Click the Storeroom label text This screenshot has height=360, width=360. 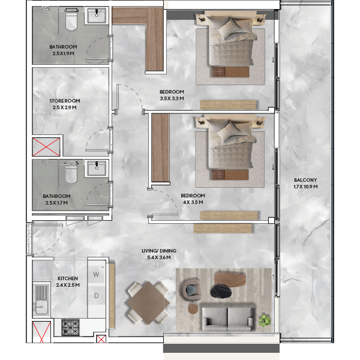click(x=65, y=101)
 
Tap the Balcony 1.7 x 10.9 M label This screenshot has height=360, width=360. click(x=305, y=183)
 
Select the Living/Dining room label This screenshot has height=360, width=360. click(x=159, y=254)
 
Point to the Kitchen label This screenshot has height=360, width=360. click(x=68, y=281)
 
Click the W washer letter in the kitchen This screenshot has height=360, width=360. click(x=96, y=274)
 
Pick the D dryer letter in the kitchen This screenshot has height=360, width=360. click(x=97, y=295)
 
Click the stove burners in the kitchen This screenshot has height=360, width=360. click(x=70, y=328)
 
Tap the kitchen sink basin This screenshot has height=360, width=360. click(x=41, y=307)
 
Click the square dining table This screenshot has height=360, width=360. click(x=148, y=303)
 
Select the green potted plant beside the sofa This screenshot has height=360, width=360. click(x=265, y=320)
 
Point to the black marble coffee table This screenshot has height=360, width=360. click(x=221, y=292)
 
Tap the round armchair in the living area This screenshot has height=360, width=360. click(x=191, y=289)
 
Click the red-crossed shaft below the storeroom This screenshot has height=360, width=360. click(x=46, y=147)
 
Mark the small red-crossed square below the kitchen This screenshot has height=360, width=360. click(x=101, y=340)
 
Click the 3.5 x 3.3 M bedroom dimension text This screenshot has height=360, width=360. click(x=172, y=98)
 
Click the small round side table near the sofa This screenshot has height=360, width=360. click(x=193, y=309)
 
